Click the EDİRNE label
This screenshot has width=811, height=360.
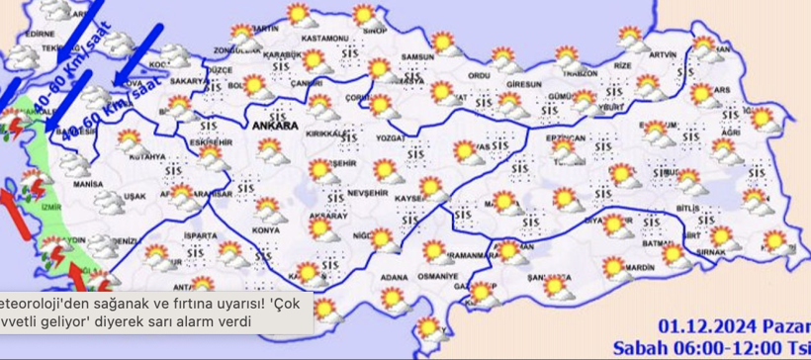pyautogui.click(x=40, y=34)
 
